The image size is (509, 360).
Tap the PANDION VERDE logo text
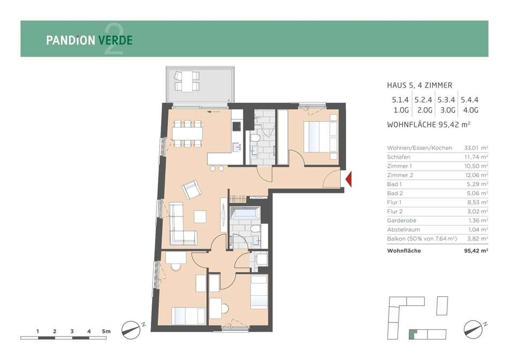point(89,40)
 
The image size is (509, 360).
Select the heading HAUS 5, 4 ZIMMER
point(420,85)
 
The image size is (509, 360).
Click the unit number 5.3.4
point(446,100)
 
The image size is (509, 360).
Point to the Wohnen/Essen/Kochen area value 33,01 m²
point(476,148)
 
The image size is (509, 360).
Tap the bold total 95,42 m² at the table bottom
point(476,251)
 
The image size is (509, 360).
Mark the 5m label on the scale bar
point(106,332)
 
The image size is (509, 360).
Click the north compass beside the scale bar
point(131,330)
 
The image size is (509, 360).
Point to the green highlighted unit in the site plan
point(412,334)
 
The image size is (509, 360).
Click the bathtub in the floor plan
point(245,214)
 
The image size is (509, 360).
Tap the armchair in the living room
point(192,190)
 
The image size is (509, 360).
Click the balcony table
point(186,81)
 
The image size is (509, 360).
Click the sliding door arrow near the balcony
point(214,112)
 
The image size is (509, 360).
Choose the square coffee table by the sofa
point(200,216)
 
